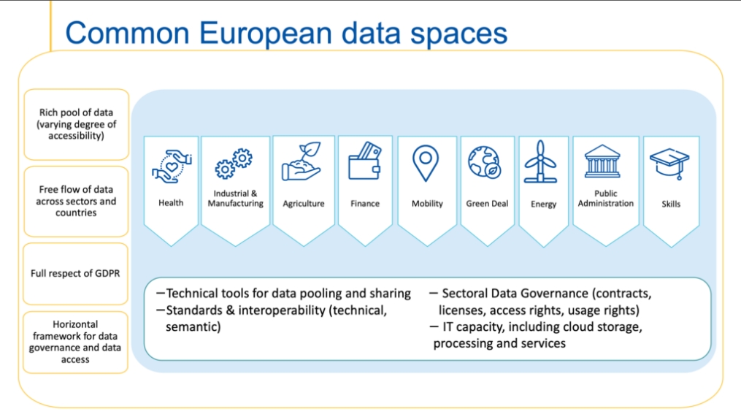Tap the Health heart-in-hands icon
(x=172, y=166)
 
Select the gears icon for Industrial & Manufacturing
(x=234, y=164)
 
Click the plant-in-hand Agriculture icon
(x=302, y=161)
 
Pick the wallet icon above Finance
(x=364, y=161)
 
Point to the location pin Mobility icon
(x=426, y=163)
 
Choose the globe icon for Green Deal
(x=485, y=162)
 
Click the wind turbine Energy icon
(x=541, y=161)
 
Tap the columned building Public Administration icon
(x=602, y=161)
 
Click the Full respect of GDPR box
(x=76, y=274)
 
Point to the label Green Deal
(x=487, y=204)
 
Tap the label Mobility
(x=427, y=204)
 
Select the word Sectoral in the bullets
(x=464, y=294)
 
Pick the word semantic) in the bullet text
(x=193, y=327)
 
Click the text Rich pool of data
(x=76, y=112)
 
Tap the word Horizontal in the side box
(x=76, y=324)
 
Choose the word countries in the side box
(x=76, y=213)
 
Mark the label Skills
(x=671, y=204)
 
